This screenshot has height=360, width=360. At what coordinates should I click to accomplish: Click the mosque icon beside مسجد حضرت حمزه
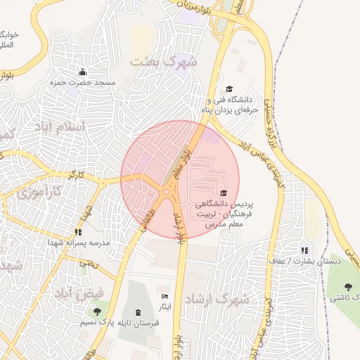tap(83, 72)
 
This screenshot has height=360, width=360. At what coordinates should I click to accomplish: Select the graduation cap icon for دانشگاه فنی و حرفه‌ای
tap(229, 89)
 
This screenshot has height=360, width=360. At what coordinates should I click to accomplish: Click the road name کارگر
tap(76, 173)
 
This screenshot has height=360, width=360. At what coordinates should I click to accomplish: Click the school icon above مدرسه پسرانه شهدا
tap(78, 231)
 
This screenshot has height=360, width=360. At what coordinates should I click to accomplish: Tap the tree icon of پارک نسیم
tap(96, 310)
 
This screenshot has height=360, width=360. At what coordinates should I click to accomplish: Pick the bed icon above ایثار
tap(165, 296)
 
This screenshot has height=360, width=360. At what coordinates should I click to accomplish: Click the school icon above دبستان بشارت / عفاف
tap(304, 250)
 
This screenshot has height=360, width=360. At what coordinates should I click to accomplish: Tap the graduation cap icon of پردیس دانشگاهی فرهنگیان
tap(224, 193)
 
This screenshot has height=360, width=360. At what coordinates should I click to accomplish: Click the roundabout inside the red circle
tap(167, 191)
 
